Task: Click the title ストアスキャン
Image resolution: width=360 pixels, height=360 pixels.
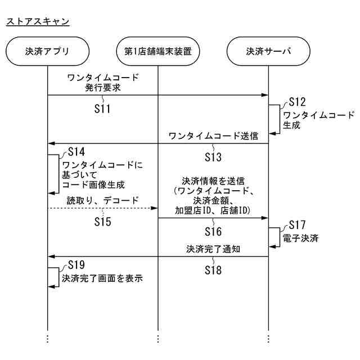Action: point(38,21)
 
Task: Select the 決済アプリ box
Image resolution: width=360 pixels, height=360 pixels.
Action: point(47,51)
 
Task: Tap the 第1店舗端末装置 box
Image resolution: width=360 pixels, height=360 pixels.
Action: point(158,51)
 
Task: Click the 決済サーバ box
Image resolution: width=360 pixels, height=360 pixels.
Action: point(268,51)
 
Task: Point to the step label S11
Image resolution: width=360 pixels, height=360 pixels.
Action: point(102,109)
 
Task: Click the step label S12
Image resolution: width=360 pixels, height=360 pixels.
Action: point(297,102)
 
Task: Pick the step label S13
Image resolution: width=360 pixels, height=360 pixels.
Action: point(213,156)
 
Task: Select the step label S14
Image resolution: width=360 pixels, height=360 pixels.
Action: point(76,152)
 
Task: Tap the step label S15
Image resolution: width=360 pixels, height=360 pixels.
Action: point(102,222)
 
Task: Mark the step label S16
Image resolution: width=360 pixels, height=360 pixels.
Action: point(213,231)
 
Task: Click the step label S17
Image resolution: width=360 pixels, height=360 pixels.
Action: point(297,225)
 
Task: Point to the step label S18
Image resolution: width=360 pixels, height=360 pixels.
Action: point(213,270)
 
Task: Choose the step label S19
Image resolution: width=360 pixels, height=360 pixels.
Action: point(76,264)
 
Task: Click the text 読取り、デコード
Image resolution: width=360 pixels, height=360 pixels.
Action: point(103,200)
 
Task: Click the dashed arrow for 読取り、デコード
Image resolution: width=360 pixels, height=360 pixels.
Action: point(102,209)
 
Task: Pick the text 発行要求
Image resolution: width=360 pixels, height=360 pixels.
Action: point(102,87)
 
